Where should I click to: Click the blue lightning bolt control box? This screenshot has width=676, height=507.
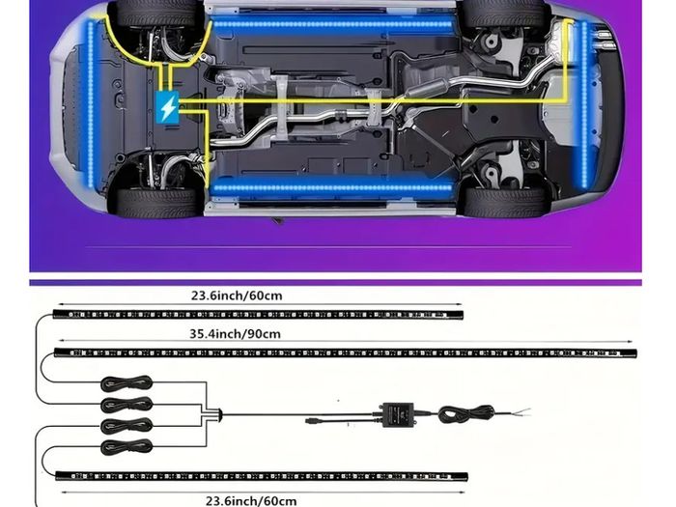coord(167,107)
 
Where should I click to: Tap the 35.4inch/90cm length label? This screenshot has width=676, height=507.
coord(235,334)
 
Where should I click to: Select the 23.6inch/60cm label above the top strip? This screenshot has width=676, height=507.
coord(237,296)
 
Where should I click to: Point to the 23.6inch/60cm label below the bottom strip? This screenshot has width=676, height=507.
coord(251,501)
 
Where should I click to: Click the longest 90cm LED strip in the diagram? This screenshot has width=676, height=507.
coord(346,353)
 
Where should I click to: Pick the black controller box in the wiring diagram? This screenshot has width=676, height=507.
coord(398,414)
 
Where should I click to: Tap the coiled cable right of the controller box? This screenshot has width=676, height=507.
coord(466,414)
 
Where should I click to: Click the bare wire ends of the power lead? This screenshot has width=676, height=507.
coord(523,412)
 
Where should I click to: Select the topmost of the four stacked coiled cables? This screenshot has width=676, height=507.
coord(127,382)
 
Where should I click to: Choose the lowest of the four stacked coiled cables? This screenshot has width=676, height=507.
coord(127,447)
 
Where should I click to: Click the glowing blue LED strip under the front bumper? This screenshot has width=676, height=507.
coord(91,103)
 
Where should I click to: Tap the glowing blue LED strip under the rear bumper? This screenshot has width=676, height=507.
coord(584,104)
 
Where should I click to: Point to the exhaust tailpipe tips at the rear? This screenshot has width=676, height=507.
coord(603,40)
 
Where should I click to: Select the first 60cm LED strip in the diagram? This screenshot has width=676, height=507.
coord(258,315)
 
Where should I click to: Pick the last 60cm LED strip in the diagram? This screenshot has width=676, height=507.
coord(262,476)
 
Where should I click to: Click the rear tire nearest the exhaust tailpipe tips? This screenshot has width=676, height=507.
coord(504,13)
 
